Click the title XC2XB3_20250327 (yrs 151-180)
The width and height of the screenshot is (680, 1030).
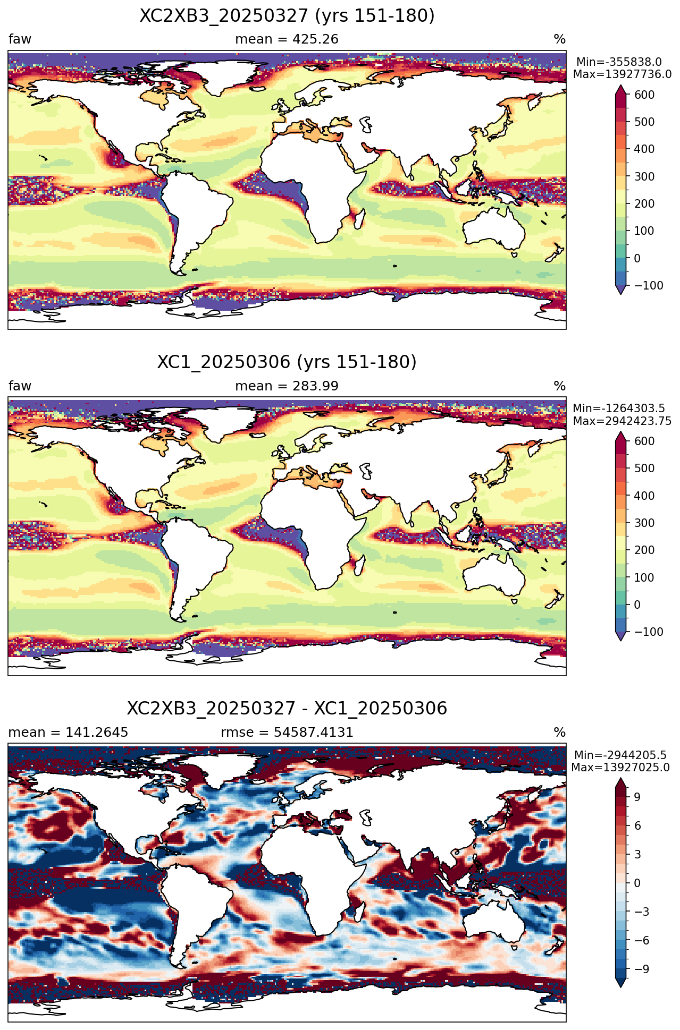[287, 16]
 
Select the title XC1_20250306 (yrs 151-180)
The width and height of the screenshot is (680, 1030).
[287, 362]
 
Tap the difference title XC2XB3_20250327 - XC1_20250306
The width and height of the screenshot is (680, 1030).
[287, 709]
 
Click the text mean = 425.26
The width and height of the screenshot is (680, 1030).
[287, 39]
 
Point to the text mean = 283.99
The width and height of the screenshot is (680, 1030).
[287, 386]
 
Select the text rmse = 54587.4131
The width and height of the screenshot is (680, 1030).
[287, 733]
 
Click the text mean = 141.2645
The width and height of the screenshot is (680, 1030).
[68, 733]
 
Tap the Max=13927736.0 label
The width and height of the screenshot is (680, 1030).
[622, 74]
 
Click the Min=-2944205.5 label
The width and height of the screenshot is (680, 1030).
[620, 755]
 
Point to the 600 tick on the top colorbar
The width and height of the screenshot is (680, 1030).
[644, 95]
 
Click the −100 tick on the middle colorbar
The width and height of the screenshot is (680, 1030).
[649, 632]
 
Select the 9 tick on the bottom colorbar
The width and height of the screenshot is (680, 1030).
[637, 797]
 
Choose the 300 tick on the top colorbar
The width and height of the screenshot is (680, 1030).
[644, 177]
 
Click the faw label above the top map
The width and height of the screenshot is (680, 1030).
[20, 39]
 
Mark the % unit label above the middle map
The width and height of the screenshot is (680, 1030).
[559, 386]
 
